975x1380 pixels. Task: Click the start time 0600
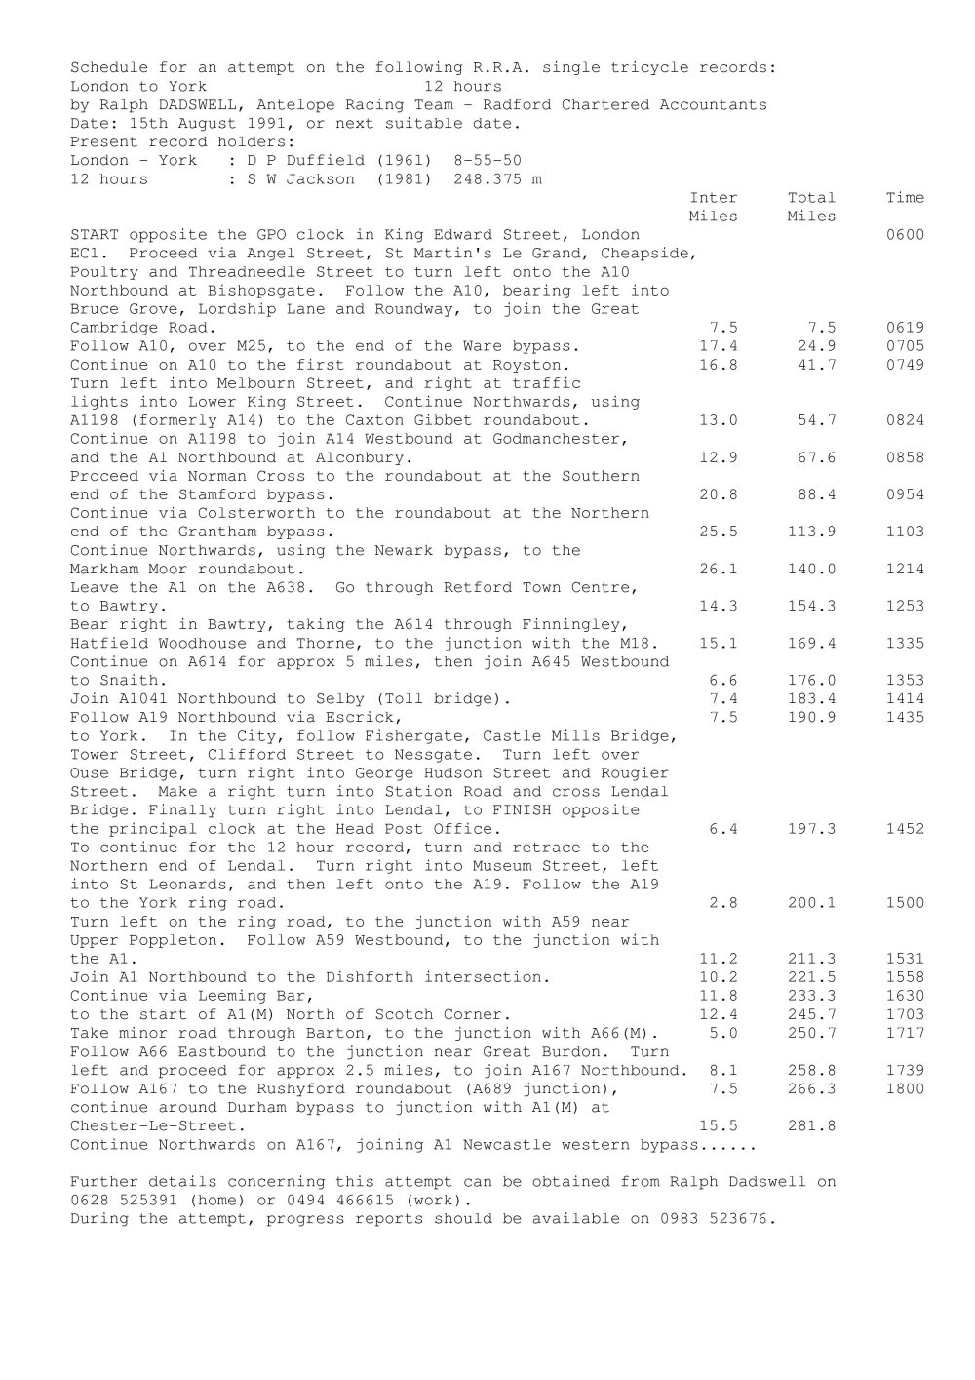pos(905,235)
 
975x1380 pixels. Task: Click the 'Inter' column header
pos(714,198)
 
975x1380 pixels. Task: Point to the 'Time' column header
pos(905,198)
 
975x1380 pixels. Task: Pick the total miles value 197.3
pos(811,829)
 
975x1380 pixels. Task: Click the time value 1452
pos(905,829)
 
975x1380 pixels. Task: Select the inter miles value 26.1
pos(719,569)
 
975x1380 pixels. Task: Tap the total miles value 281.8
pos(811,1126)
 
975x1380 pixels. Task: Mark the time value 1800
pos(905,1089)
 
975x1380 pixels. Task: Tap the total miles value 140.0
pos(811,569)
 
